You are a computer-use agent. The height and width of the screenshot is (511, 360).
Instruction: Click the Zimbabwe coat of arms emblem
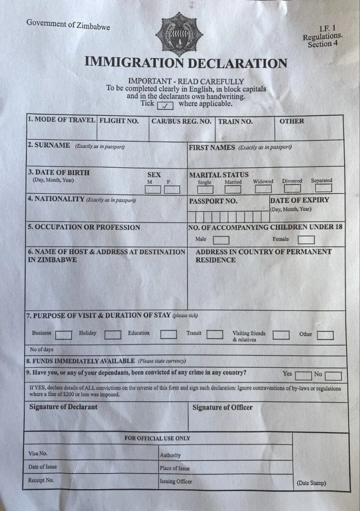point(179,34)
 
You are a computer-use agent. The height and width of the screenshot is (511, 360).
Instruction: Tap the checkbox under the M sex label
point(153,190)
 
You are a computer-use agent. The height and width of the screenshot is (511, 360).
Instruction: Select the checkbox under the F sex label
point(172,190)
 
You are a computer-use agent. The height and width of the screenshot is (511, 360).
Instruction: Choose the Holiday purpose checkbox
point(113,334)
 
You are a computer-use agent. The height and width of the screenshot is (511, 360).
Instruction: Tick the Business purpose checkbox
point(63,334)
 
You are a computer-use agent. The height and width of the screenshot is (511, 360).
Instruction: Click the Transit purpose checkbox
point(215,334)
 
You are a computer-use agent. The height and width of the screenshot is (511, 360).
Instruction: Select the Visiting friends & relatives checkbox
point(281,335)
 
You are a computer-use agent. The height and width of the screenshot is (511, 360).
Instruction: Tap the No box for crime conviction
point(333,376)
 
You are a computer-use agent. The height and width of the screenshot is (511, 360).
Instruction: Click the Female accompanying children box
point(307,240)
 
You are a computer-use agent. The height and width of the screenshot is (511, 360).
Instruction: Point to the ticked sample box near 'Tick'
point(165,105)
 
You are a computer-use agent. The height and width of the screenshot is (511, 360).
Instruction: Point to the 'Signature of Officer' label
point(222,407)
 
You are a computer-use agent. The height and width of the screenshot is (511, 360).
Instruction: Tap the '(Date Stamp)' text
point(312,483)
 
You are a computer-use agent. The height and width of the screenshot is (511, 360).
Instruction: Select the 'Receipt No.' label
point(41,480)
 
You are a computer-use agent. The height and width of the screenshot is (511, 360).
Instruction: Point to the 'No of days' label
point(41,350)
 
